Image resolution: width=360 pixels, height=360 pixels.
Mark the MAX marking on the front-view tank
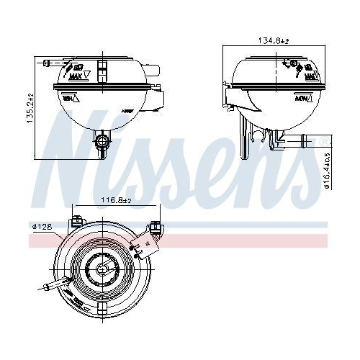(77, 73)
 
